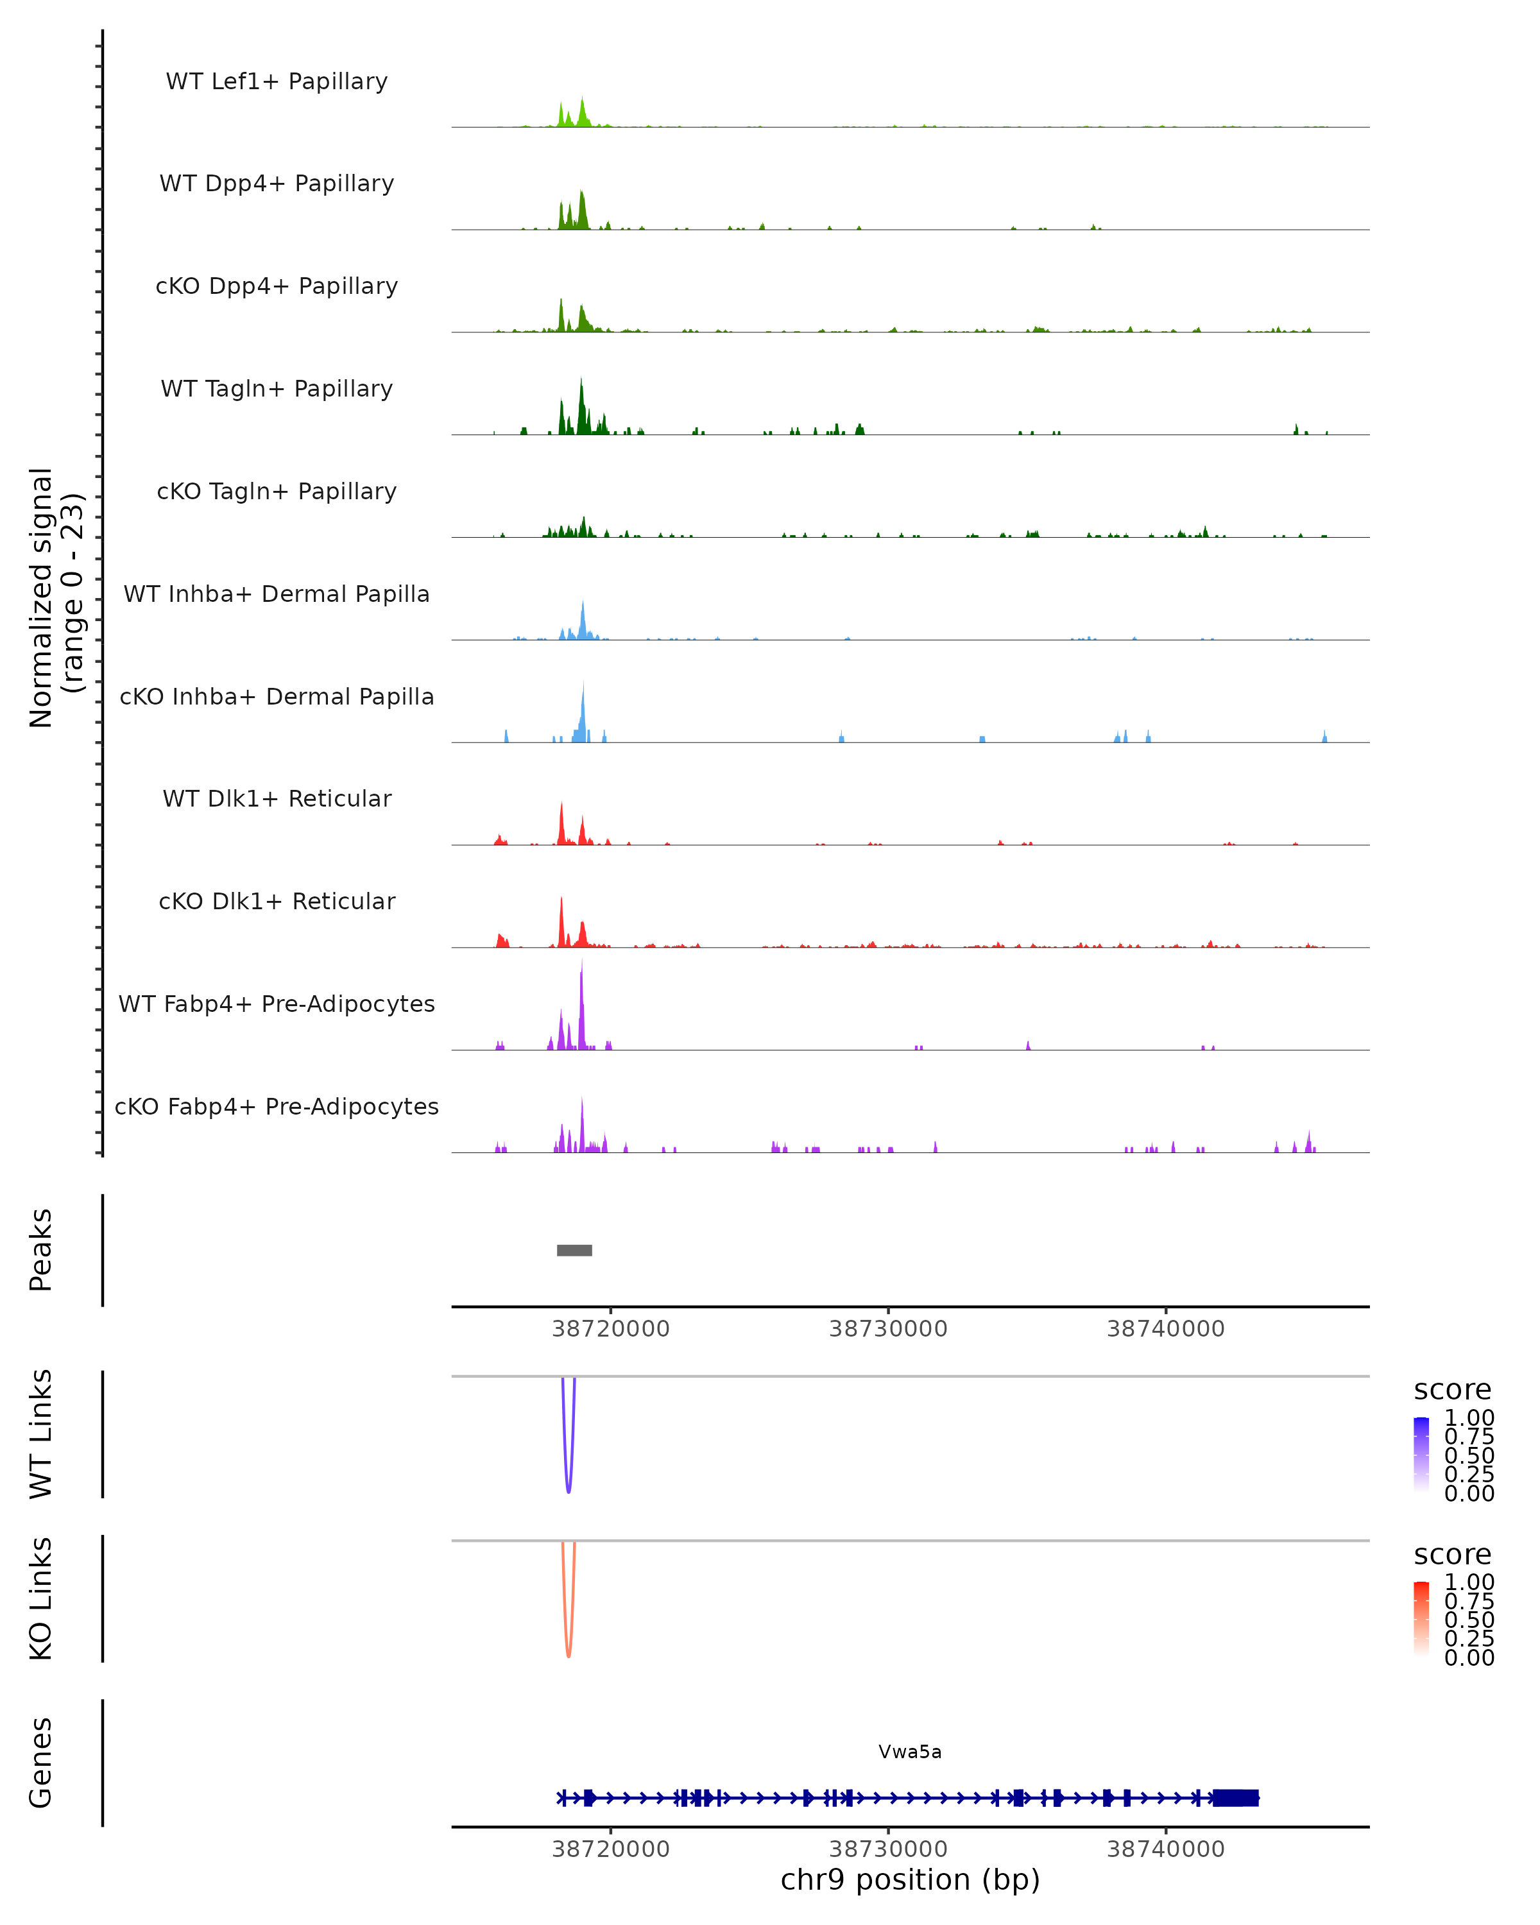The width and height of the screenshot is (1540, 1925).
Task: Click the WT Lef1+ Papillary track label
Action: point(277,81)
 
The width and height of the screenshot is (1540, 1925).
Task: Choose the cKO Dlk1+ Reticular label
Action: point(277,901)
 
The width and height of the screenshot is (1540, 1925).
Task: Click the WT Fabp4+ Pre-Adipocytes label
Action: point(277,1004)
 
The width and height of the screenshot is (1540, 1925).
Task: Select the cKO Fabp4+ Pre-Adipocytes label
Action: point(277,1106)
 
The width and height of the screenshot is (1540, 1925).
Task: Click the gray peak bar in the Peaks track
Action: point(574,1250)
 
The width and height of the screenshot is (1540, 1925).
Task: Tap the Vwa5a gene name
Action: point(910,1752)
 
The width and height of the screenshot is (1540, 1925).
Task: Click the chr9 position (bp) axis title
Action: point(910,1879)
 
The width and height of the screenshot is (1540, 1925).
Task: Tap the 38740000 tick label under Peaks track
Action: point(1165,1329)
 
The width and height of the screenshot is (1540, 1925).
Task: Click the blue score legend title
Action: point(1451,1390)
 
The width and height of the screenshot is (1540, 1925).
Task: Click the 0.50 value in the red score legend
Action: point(1469,1619)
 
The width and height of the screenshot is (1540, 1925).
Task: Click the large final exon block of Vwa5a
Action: point(1236,1797)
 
